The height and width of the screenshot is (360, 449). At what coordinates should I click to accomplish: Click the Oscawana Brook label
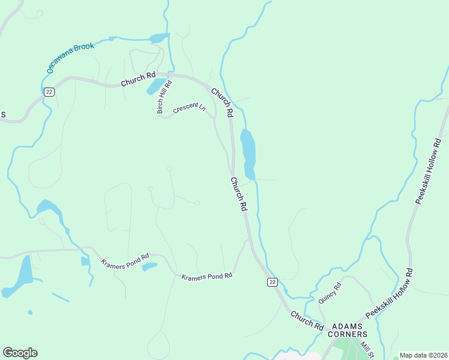pyautogui.click(x=70, y=58)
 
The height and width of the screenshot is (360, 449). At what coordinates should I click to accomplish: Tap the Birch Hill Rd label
pyautogui.click(x=160, y=98)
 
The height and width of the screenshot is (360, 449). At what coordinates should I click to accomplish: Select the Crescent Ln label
pyautogui.click(x=189, y=108)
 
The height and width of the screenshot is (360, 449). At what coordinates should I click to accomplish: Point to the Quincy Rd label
pyautogui.click(x=330, y=293)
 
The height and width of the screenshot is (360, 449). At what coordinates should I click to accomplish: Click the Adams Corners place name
pyautogui.click(x=349, y=329)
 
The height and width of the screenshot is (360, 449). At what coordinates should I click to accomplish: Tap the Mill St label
pyautogui.click(x=367, y=350)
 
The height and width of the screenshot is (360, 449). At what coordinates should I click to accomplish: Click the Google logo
pyautogui.click(x=20, y=353)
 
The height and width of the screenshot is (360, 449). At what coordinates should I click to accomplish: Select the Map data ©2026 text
pyautogui.click(x=423, y=355)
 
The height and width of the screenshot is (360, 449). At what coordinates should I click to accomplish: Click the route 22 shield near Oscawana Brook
pyautogui.click(x=49, y=91)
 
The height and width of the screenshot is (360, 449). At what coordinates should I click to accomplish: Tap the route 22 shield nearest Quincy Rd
pyautogui.click(x=273, y=281)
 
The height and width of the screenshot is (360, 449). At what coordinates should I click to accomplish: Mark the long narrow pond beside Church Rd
pyautogui.click(x=248, y=153)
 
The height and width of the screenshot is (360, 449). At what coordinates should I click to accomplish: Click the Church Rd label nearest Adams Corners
pyautogui.click(x=307, y=319)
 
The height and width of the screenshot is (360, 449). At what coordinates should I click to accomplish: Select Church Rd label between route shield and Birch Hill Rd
pyautogui.click(x=137, y=79)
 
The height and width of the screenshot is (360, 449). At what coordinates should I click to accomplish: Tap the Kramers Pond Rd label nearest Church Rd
pyautogui.click(x=206, y=276)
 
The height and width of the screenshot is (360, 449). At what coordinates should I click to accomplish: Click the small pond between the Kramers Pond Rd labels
pyautogui.click(x=150, y=266)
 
